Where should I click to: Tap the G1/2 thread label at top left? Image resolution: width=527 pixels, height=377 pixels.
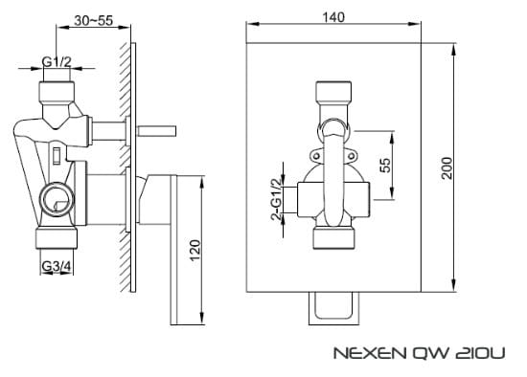(x=57, y=63)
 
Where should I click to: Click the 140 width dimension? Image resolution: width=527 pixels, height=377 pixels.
(x=334, y=18)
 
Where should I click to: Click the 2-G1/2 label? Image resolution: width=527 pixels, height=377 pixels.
(x=277, y=200)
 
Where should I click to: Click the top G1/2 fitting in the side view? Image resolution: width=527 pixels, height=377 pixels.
(x=57, y=93)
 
